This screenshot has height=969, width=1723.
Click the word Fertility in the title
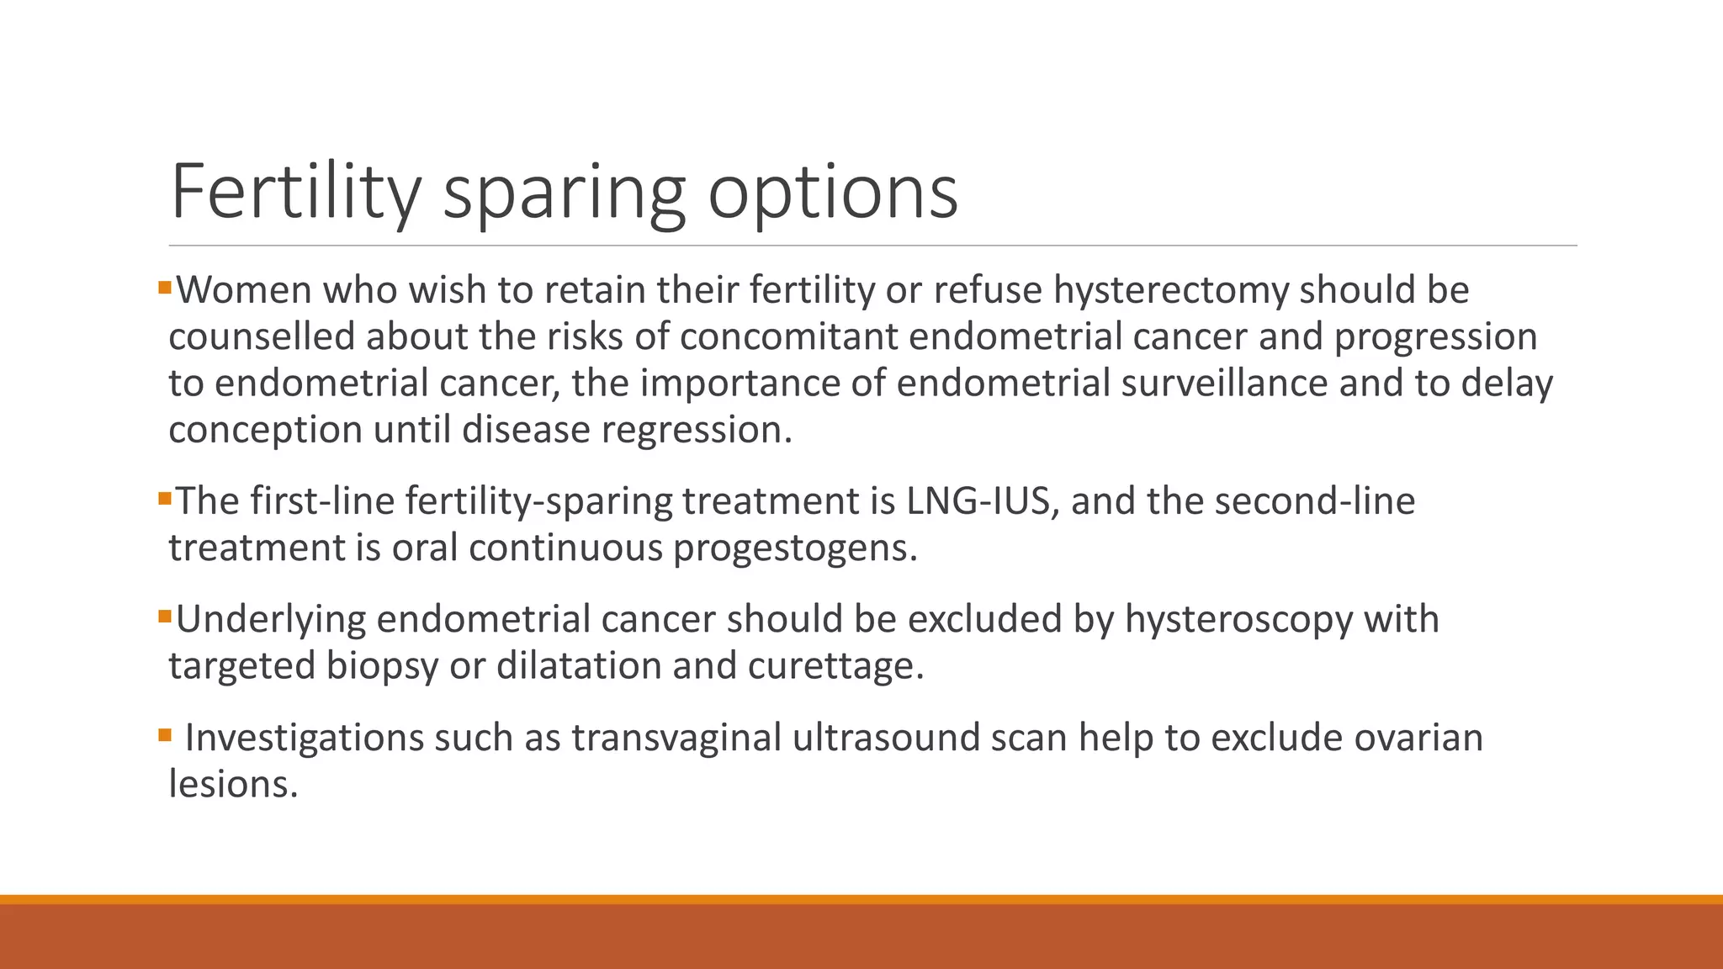[294, 193]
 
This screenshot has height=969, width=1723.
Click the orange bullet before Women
[164, 289]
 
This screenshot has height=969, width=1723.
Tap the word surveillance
[1224, 383]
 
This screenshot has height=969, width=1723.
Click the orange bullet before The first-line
[164, 500]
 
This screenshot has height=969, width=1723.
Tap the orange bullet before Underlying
[164, 617]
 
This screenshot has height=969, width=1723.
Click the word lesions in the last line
[233, 784]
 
